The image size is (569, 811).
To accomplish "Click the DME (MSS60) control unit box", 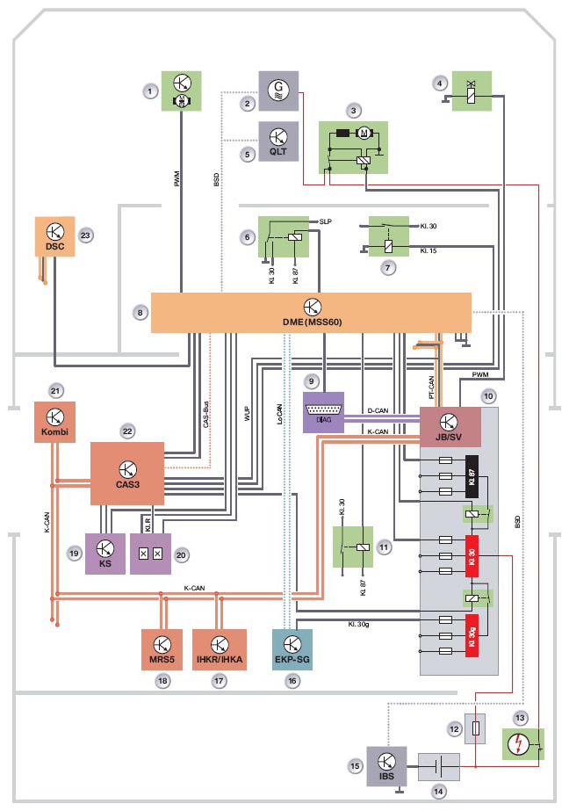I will point(312,312).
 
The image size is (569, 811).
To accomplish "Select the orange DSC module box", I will point(54,236).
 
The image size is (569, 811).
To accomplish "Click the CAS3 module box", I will point(127,473).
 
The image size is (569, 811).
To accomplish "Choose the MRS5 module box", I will point(162,649).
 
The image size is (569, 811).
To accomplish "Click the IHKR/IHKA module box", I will point(220,649).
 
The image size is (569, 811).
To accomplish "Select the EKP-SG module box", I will point(293,649).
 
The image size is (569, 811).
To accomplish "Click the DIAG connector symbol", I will point(324,412).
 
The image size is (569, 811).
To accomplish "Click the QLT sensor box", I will point(278,140).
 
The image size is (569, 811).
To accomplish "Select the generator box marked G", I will point(278,90).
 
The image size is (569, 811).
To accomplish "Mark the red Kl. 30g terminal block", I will point(471,632).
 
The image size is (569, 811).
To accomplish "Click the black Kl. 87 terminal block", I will point(471,478).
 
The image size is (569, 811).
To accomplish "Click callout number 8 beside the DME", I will point(139,311).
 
